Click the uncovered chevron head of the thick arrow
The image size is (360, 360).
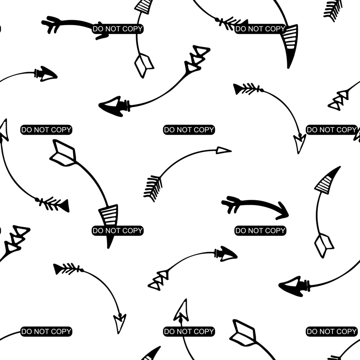tap(282, 211)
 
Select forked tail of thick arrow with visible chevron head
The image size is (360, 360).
tap(231, 204)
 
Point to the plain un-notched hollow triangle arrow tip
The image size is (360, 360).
tap(224, 150)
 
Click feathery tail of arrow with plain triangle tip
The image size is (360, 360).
tap(153, 188)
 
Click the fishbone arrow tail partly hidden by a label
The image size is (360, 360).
tap(232, 24)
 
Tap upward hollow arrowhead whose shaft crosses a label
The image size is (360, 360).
tap(181, 311)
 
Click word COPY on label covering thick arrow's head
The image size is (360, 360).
tap(132, 29)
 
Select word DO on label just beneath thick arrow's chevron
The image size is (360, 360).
tap(240, 230)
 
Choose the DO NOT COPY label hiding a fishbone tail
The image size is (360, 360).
tap(260, 29)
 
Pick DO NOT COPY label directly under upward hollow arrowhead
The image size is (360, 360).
tap(189, 332)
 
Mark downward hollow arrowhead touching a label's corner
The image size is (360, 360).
tap(300, 143)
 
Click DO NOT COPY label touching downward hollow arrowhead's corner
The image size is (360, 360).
tap(332, 130)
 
